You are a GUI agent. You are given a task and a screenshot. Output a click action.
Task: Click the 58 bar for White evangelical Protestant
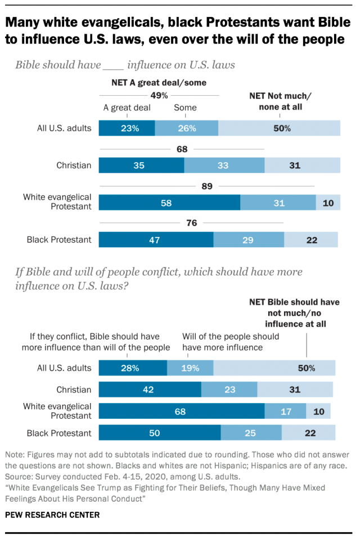(169, 203)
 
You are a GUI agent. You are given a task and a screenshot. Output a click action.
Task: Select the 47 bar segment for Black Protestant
(156, 240)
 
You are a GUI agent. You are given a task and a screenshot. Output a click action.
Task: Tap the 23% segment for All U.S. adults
(127, 128)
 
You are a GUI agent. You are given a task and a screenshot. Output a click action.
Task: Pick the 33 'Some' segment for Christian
(224, 166)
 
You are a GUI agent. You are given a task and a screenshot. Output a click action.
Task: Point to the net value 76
(191, 224)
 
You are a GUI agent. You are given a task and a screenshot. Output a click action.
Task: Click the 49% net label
(159, 95)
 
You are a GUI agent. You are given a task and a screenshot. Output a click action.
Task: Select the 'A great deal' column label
(127, 108)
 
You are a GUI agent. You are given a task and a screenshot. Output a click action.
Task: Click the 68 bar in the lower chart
(181, 411)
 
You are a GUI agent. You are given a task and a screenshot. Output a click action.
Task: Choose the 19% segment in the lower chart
(190, 368)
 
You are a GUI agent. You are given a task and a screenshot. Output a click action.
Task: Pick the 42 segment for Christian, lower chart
(150, 390)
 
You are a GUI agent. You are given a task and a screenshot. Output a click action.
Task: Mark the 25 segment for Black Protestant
(251, 433)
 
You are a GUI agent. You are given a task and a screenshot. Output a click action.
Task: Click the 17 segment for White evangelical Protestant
(285, 411)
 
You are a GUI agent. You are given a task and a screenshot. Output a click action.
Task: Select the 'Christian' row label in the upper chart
(74, 166)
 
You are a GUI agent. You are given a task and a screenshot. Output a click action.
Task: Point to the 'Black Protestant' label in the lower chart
(59, 433)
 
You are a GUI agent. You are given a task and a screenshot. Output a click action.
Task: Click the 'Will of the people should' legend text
(231, 337)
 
